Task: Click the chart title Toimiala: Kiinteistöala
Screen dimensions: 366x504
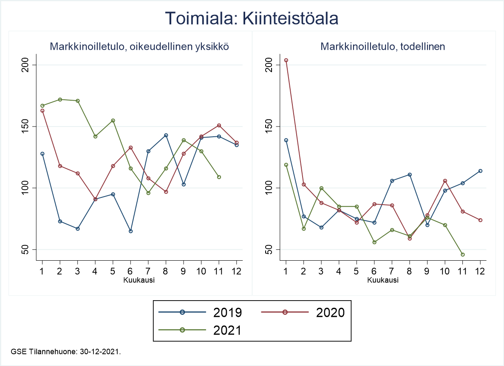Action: click(252, 18)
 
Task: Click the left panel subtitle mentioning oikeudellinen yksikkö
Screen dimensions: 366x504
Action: click(139, 47)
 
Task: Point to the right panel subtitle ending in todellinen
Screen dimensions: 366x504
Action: click(383, 47)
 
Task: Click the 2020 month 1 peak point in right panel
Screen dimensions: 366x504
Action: click(286, 60)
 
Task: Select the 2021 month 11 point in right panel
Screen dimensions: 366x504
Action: click(462, 254)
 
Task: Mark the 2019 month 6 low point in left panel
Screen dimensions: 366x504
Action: click(130, 231)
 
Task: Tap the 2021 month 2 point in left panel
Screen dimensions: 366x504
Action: click(60, 99)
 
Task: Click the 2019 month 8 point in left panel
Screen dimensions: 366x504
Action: click(166, 135)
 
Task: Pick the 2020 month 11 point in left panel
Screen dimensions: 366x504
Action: click(219, 125)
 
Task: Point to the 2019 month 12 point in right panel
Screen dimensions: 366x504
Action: click(480, 171)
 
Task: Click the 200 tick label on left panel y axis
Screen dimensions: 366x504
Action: click(27, 65)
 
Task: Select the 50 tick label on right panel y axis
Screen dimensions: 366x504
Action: click(271, 249)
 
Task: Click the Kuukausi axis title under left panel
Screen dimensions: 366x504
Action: click(139, 280)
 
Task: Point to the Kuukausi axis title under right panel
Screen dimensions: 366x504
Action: click(383, 280)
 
